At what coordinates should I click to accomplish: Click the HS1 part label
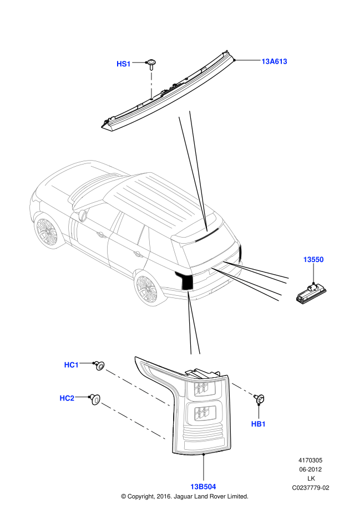[124, 64]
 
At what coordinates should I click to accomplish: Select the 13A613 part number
[274, 61]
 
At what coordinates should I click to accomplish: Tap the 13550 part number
[314, 259]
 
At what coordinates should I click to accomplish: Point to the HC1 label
[71, 365]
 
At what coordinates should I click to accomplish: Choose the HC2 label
[67, 398]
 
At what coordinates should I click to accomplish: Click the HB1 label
[258, 424]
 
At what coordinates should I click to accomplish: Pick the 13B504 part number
[203, 487]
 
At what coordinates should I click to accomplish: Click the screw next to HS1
[151, 64]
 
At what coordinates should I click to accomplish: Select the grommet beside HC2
[95, 399]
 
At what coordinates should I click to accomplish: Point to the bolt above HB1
[259, 399]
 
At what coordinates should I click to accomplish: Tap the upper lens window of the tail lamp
[201, 389]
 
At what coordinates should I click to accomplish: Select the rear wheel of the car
[147, 289]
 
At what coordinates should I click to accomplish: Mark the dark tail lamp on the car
[185, 280]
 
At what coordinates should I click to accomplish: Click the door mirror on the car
[83, 215]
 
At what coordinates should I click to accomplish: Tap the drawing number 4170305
[310, 460]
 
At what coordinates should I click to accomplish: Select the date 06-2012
[310, 470]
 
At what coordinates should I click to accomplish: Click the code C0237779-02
[310, 488]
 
